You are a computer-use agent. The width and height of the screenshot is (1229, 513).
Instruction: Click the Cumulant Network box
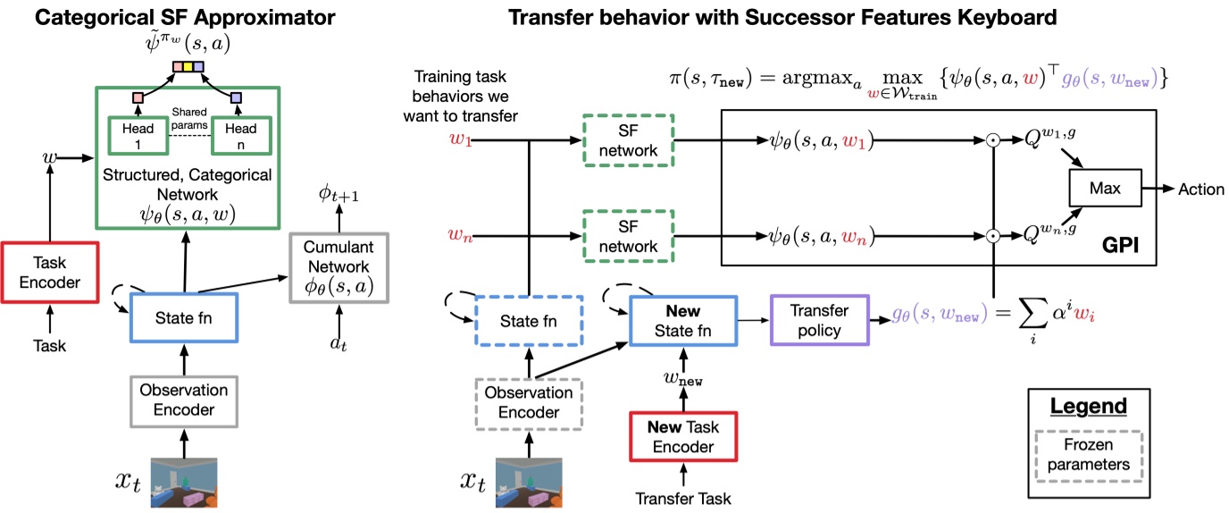pyautogui.click(x=337, y=265)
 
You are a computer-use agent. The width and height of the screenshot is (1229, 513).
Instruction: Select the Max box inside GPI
pyautogui.click(x=1097, y=189)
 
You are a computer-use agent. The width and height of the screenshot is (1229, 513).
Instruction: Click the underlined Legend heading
pyautogui.click(x=1088, y=406)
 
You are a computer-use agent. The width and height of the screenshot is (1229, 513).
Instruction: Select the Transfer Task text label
pyautogui.click(x=681, y=496)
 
